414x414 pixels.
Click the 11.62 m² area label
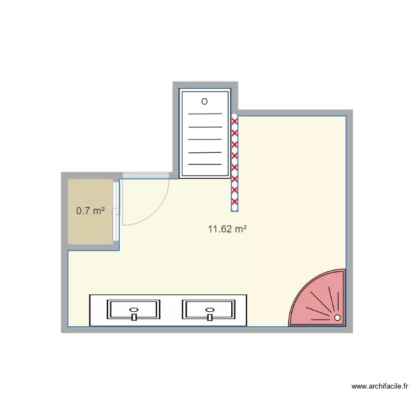[x=227, y=229]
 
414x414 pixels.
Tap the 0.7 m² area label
[x=91, y=210]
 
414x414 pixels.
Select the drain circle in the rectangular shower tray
[x=204, y=102]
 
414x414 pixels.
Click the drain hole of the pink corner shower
[x=337, y=317]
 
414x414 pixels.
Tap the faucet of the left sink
[x=134, y=317]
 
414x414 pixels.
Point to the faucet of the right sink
[x=210, y=317]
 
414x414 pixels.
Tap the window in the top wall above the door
[x=146, y=175]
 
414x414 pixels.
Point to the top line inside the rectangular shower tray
[x=205, y=114]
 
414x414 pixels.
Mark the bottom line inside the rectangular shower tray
[x=205, y=164]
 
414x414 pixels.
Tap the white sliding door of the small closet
[x=115, y=211]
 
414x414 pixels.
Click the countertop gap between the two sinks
[x=172, y=310]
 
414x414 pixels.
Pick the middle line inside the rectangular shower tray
[x=205, y=140]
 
